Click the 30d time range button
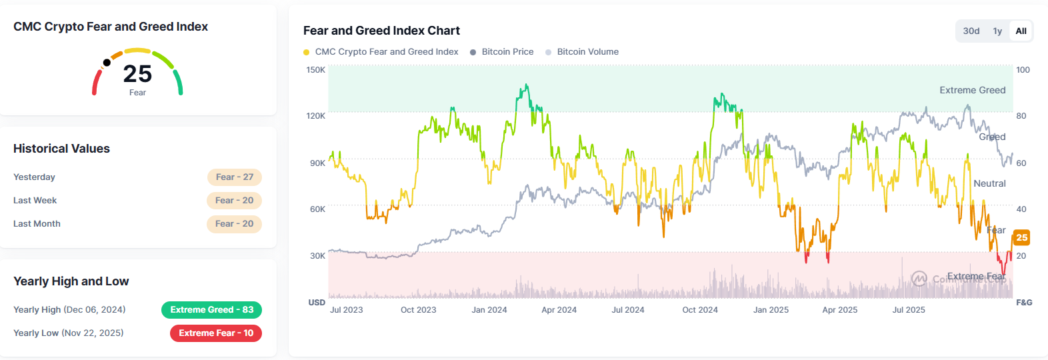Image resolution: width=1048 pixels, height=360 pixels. [x=971, y=31]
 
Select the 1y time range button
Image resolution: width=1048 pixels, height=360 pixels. [x=997, y=31]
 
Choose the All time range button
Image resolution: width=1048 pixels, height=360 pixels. [x=1021, y=31]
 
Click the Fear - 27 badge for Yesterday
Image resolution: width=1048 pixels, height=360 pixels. [x=234, y=177]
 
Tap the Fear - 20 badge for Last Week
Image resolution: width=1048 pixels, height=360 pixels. [x=234, y=200]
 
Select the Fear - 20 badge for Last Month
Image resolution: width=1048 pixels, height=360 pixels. [x=234, y=223]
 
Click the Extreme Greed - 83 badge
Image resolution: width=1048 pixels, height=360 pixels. [x=211, y=309]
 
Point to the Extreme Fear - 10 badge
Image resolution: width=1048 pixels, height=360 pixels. [x=215, y=333]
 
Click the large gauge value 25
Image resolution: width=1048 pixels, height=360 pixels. [x=137, y=73]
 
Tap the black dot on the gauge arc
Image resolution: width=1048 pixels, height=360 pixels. [x=107, y=63]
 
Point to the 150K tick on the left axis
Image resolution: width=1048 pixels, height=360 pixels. [x=315, y=69]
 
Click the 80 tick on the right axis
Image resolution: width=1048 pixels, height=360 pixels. [x=1021, y=115]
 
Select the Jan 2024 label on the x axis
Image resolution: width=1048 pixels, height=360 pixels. [x=489, y=309]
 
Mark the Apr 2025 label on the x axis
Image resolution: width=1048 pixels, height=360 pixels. [x=839, y=309]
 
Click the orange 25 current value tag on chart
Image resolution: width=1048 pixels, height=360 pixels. [x=1021, y=237]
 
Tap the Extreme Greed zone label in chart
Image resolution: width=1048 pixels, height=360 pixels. [x=972, y=90]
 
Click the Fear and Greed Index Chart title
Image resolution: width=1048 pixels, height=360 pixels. [x=381, y=31]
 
